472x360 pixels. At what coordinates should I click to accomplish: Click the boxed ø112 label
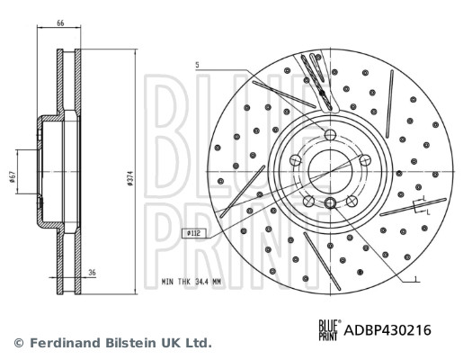point(191,233)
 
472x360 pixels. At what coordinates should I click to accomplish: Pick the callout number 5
point(197,64)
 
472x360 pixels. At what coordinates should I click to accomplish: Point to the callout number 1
point(415,281)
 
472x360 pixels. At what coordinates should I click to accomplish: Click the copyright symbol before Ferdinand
point(19,343)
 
